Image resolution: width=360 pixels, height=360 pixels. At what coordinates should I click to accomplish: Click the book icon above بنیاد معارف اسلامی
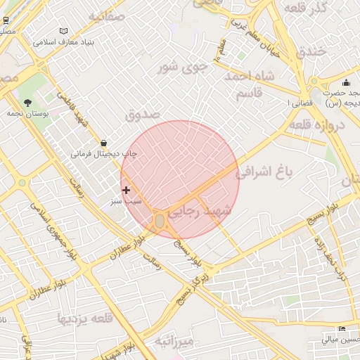pos(64,32)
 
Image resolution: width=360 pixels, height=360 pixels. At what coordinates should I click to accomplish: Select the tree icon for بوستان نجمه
pos(27,103)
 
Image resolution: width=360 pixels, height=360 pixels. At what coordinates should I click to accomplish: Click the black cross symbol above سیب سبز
pos(127,190)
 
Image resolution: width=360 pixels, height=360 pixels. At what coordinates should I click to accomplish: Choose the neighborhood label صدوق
pos(143,113)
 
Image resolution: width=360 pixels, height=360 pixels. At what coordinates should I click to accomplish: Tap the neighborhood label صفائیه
pos(106,15)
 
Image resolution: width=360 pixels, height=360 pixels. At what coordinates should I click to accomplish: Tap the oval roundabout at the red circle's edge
pos(160,221)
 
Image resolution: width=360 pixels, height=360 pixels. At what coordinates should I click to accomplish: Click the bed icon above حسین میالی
pos(342,329)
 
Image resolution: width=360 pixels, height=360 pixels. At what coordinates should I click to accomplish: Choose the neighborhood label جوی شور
pos(184,67)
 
